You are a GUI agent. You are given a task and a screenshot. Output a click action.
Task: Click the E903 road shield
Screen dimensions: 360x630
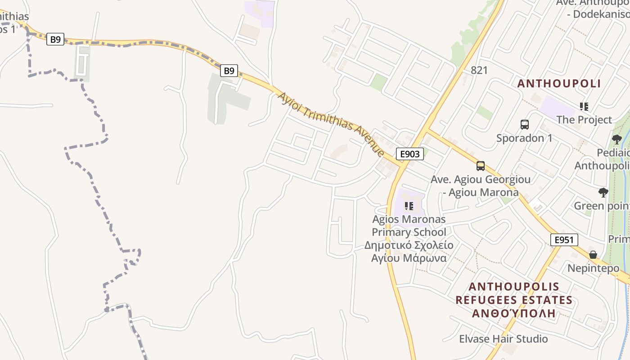pyautogui.click(x=409, y=154)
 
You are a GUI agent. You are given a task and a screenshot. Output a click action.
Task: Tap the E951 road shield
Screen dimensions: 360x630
pyautogui.click(x=564, y=240)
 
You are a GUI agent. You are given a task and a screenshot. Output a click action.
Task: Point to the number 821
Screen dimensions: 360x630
pyautogui.click(x=479, y=70)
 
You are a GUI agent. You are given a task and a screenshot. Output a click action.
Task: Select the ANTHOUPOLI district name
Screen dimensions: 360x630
pyautogui.click(x=559, y=83)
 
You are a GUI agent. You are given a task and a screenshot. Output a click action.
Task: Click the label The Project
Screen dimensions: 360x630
pyautogui.click(x=584, y=120)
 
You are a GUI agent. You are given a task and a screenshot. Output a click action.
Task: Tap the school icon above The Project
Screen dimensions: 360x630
pyautogui.click(x=584, y=107)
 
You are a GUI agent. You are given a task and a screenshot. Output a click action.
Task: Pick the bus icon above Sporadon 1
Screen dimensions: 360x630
pyautogui.click(x=524, y=125)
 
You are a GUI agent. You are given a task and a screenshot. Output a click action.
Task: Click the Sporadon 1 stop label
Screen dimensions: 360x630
pyautogui.click(x=524, y=138)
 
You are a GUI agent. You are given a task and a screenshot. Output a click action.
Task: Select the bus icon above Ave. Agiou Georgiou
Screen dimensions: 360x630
pyautogui.click(x=481, y=166)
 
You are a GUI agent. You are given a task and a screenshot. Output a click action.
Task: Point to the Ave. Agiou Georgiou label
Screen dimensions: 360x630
pyautogui.click(x=481, y=180)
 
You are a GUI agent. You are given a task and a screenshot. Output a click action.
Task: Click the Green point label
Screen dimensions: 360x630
pyautogui.click(x=601, y=206)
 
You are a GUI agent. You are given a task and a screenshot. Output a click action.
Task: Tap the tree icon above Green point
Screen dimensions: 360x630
pyautogui.click(x=603, y=193)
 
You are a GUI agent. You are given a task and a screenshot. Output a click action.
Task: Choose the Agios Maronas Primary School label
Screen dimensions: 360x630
pyautogui.click(x=409, y=226)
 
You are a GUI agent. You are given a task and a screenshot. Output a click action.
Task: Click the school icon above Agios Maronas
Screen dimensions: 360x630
pyautogui.click(x=409, y=206)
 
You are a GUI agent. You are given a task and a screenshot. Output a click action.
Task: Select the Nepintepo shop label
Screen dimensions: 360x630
pyautogui.click(x=593, y=268)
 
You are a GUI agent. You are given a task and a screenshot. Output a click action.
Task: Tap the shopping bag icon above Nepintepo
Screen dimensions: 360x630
pyautogui.click(x=593, y=255)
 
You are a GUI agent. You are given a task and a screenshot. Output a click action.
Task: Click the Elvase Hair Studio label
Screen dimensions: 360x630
pyautogui.click(x=503, y=338)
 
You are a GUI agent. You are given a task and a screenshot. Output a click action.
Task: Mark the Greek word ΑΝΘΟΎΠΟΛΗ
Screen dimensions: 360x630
pyautogui.click(x=513, y=313)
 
